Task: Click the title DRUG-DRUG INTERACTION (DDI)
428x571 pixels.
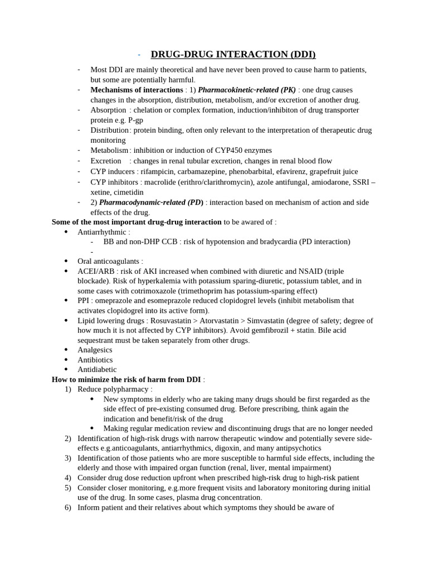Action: coord(233,54)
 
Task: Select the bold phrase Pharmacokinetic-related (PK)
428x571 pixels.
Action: coord(246,90)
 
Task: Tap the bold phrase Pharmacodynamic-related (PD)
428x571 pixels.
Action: coord(151,202)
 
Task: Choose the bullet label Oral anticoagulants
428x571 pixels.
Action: coord(109,261)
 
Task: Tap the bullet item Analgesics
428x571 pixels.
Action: coord(95,350)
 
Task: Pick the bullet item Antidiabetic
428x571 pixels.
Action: coord(97,369)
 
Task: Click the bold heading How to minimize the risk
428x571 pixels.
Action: coord(127,379)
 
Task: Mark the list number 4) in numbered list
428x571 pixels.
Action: coord(68,478)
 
